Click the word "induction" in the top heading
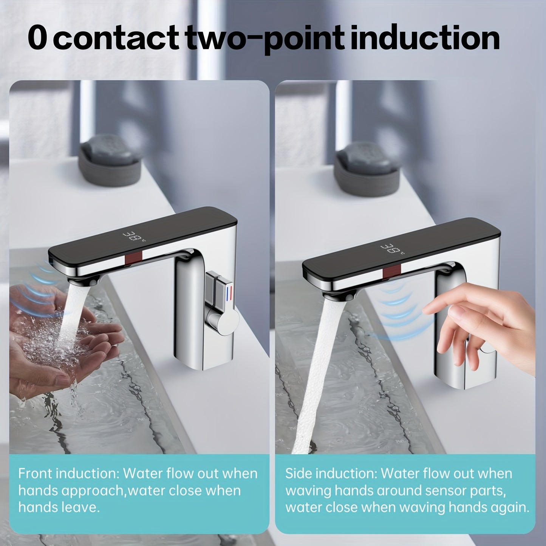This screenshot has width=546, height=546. (425, 38)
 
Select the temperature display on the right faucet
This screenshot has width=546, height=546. (391, 249)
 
